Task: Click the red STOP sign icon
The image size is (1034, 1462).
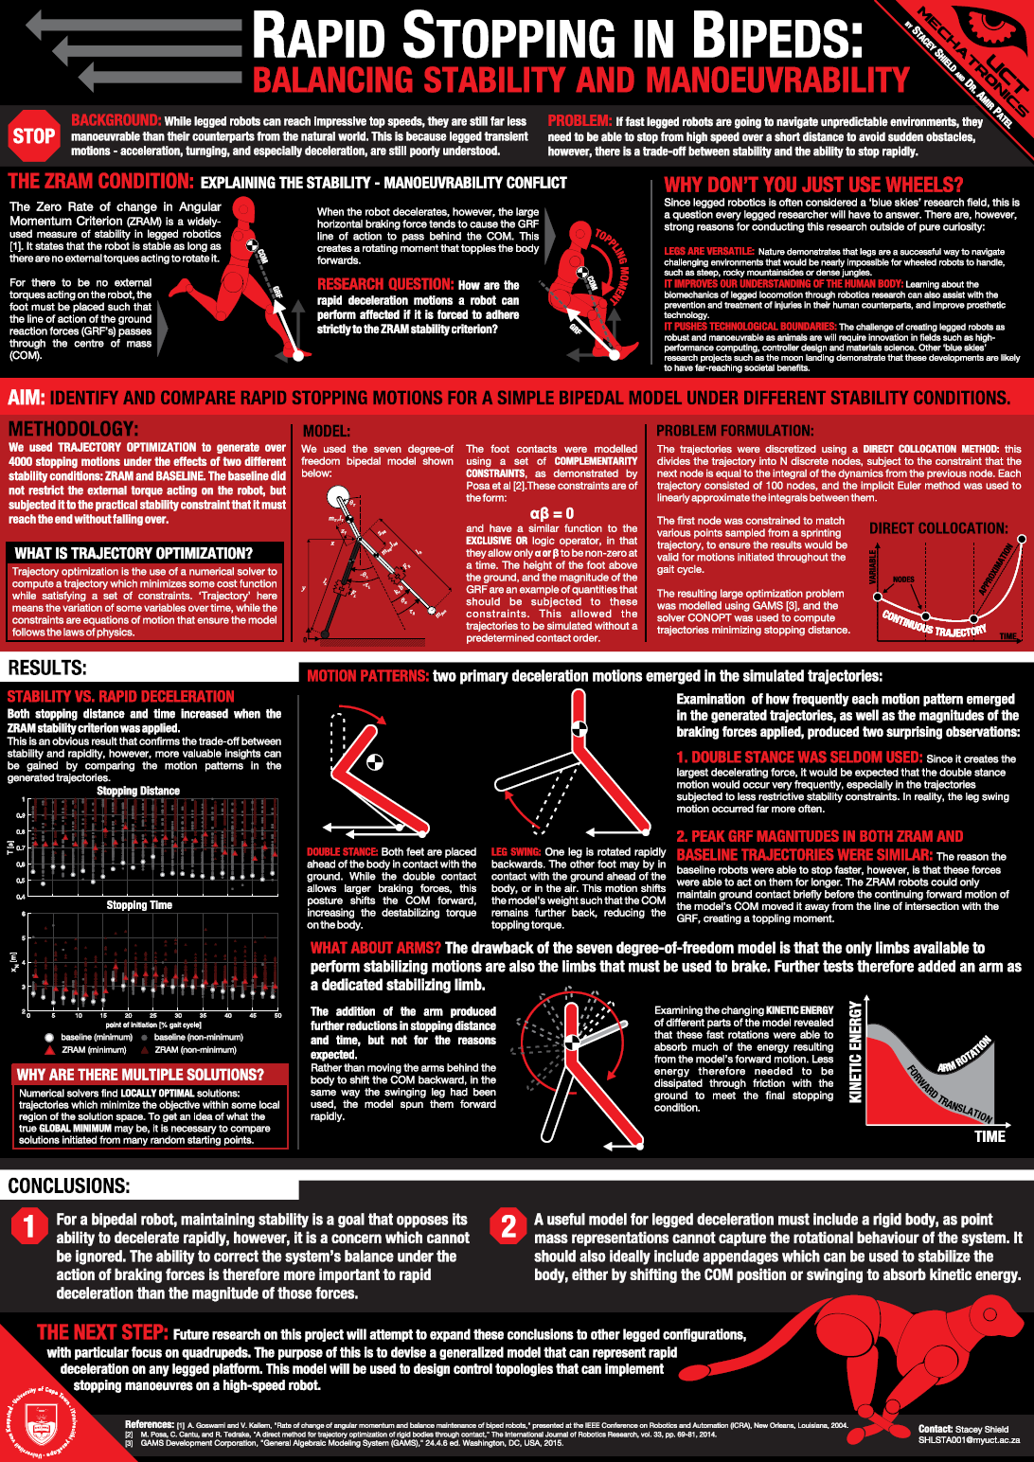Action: click(x=34, y=136)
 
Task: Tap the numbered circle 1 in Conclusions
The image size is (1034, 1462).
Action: click(x=29, y=1226)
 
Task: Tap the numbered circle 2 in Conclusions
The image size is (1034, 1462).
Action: click(x=508, y=1226)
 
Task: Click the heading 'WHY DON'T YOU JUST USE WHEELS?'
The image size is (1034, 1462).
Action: click(x=813, y=185)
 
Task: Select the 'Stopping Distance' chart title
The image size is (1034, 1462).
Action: click(x=138, y=791)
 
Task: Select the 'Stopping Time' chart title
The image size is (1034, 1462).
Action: click(x=139, y=905)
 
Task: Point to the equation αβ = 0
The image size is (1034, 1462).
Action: click(x=551, y=513)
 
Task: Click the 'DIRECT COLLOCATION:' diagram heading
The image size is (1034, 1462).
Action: click(x=938, y=528)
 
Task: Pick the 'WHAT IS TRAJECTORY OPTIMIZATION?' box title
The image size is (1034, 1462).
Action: click(x=134, y=553)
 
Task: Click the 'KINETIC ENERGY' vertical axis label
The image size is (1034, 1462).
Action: click(x=855, y=1052)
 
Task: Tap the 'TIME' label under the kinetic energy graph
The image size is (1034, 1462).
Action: click(x=989, y=1136)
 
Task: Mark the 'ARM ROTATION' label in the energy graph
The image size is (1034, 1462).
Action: click(x=964, y=1054)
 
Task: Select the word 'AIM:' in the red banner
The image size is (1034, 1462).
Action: click(x=27, y=398)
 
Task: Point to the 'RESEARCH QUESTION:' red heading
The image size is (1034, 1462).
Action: click(x=385, y=284)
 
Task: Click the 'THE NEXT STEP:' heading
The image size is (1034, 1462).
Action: click(x=102, y=1332)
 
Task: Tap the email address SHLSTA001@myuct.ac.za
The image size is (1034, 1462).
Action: click(x=969, y=1440)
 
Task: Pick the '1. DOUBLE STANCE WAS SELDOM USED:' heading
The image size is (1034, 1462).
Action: click(x=799, y=758)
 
